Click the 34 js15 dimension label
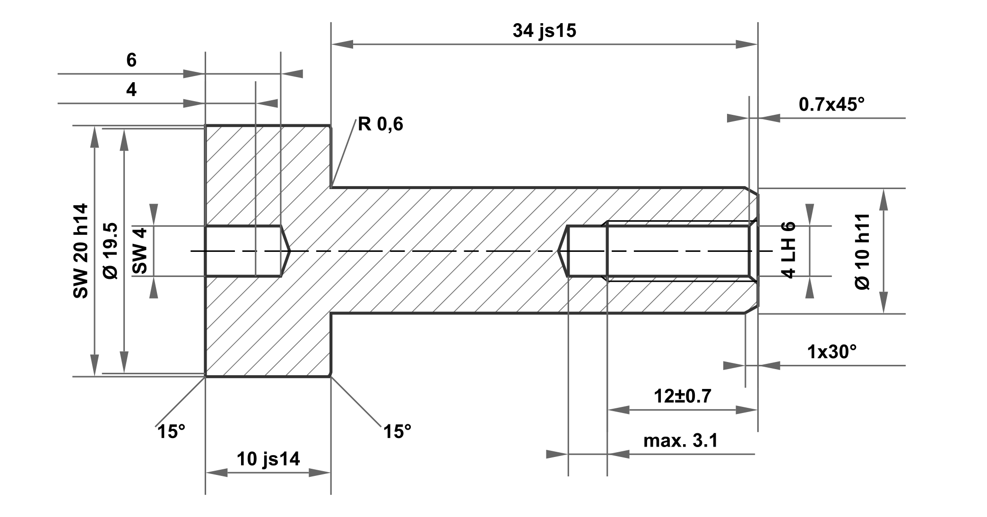(545, 31)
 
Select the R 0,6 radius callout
(381, 124)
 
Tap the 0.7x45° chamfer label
(831, 104)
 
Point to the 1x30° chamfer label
(831, 352)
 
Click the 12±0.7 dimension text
(682, 396)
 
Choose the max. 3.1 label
(680, 440)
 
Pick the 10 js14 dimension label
(268, 458)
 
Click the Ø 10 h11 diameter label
(863, 251)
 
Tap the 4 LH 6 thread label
(788, 250)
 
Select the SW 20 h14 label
(81, 251)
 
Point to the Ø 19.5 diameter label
(111, 251)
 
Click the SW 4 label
(140, 251)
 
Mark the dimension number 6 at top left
(131, 60)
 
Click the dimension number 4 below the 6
(131, 89)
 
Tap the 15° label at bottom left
(171, 431)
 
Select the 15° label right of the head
(397, 431)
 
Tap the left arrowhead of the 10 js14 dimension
(216, 473)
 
